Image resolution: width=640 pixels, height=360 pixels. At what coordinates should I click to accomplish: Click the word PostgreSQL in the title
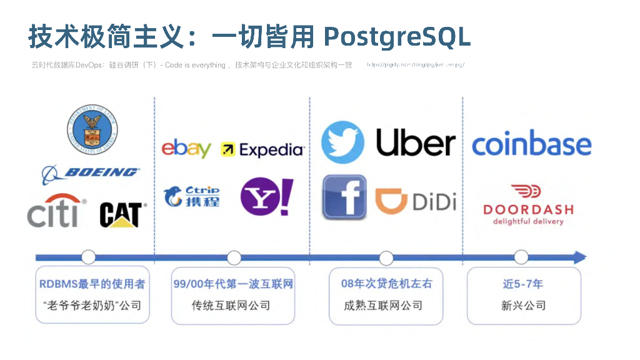click(x=397, y=37)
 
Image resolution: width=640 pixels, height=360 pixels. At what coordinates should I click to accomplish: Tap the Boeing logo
click(x=91, y=172)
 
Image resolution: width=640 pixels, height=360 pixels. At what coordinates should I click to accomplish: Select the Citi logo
click(x=55, y=212)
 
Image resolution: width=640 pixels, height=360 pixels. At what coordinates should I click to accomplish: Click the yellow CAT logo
click(x=122, y=214)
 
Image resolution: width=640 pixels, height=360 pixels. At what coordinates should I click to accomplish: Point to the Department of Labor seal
click(x=92, y=131)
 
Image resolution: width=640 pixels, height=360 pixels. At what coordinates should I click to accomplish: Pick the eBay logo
click(x=186, y=149)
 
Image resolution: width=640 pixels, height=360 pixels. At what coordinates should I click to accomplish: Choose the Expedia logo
click(x=262, y=149)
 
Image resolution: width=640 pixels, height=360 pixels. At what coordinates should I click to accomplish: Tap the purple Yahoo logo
click(x=266, y=196)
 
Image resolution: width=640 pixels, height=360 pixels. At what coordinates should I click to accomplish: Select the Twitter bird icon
click(x=342, y=142)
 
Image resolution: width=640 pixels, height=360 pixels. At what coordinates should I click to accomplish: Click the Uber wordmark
click(x=416, y=143)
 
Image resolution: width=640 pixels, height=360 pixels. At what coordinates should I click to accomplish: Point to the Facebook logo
click(x=344, y=197)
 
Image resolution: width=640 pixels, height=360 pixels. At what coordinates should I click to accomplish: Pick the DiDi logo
click(x=416, y=200)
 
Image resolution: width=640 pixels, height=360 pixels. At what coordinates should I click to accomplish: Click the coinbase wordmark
click(x=531, y=144)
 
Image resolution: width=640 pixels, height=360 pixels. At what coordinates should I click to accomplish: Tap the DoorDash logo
click(x=528, y=204)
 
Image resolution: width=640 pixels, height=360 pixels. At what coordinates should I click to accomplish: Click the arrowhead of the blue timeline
click(x=579, y=257)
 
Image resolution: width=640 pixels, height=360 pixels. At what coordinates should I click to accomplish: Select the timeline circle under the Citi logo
click(x=89, y=257)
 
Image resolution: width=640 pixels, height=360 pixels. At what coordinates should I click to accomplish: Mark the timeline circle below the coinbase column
click(x=521, y=257)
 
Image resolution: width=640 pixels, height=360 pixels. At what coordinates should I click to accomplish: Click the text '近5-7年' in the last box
click(x=523, y=284)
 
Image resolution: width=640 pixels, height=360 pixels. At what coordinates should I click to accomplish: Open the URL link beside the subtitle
click(x=415, y=65)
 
